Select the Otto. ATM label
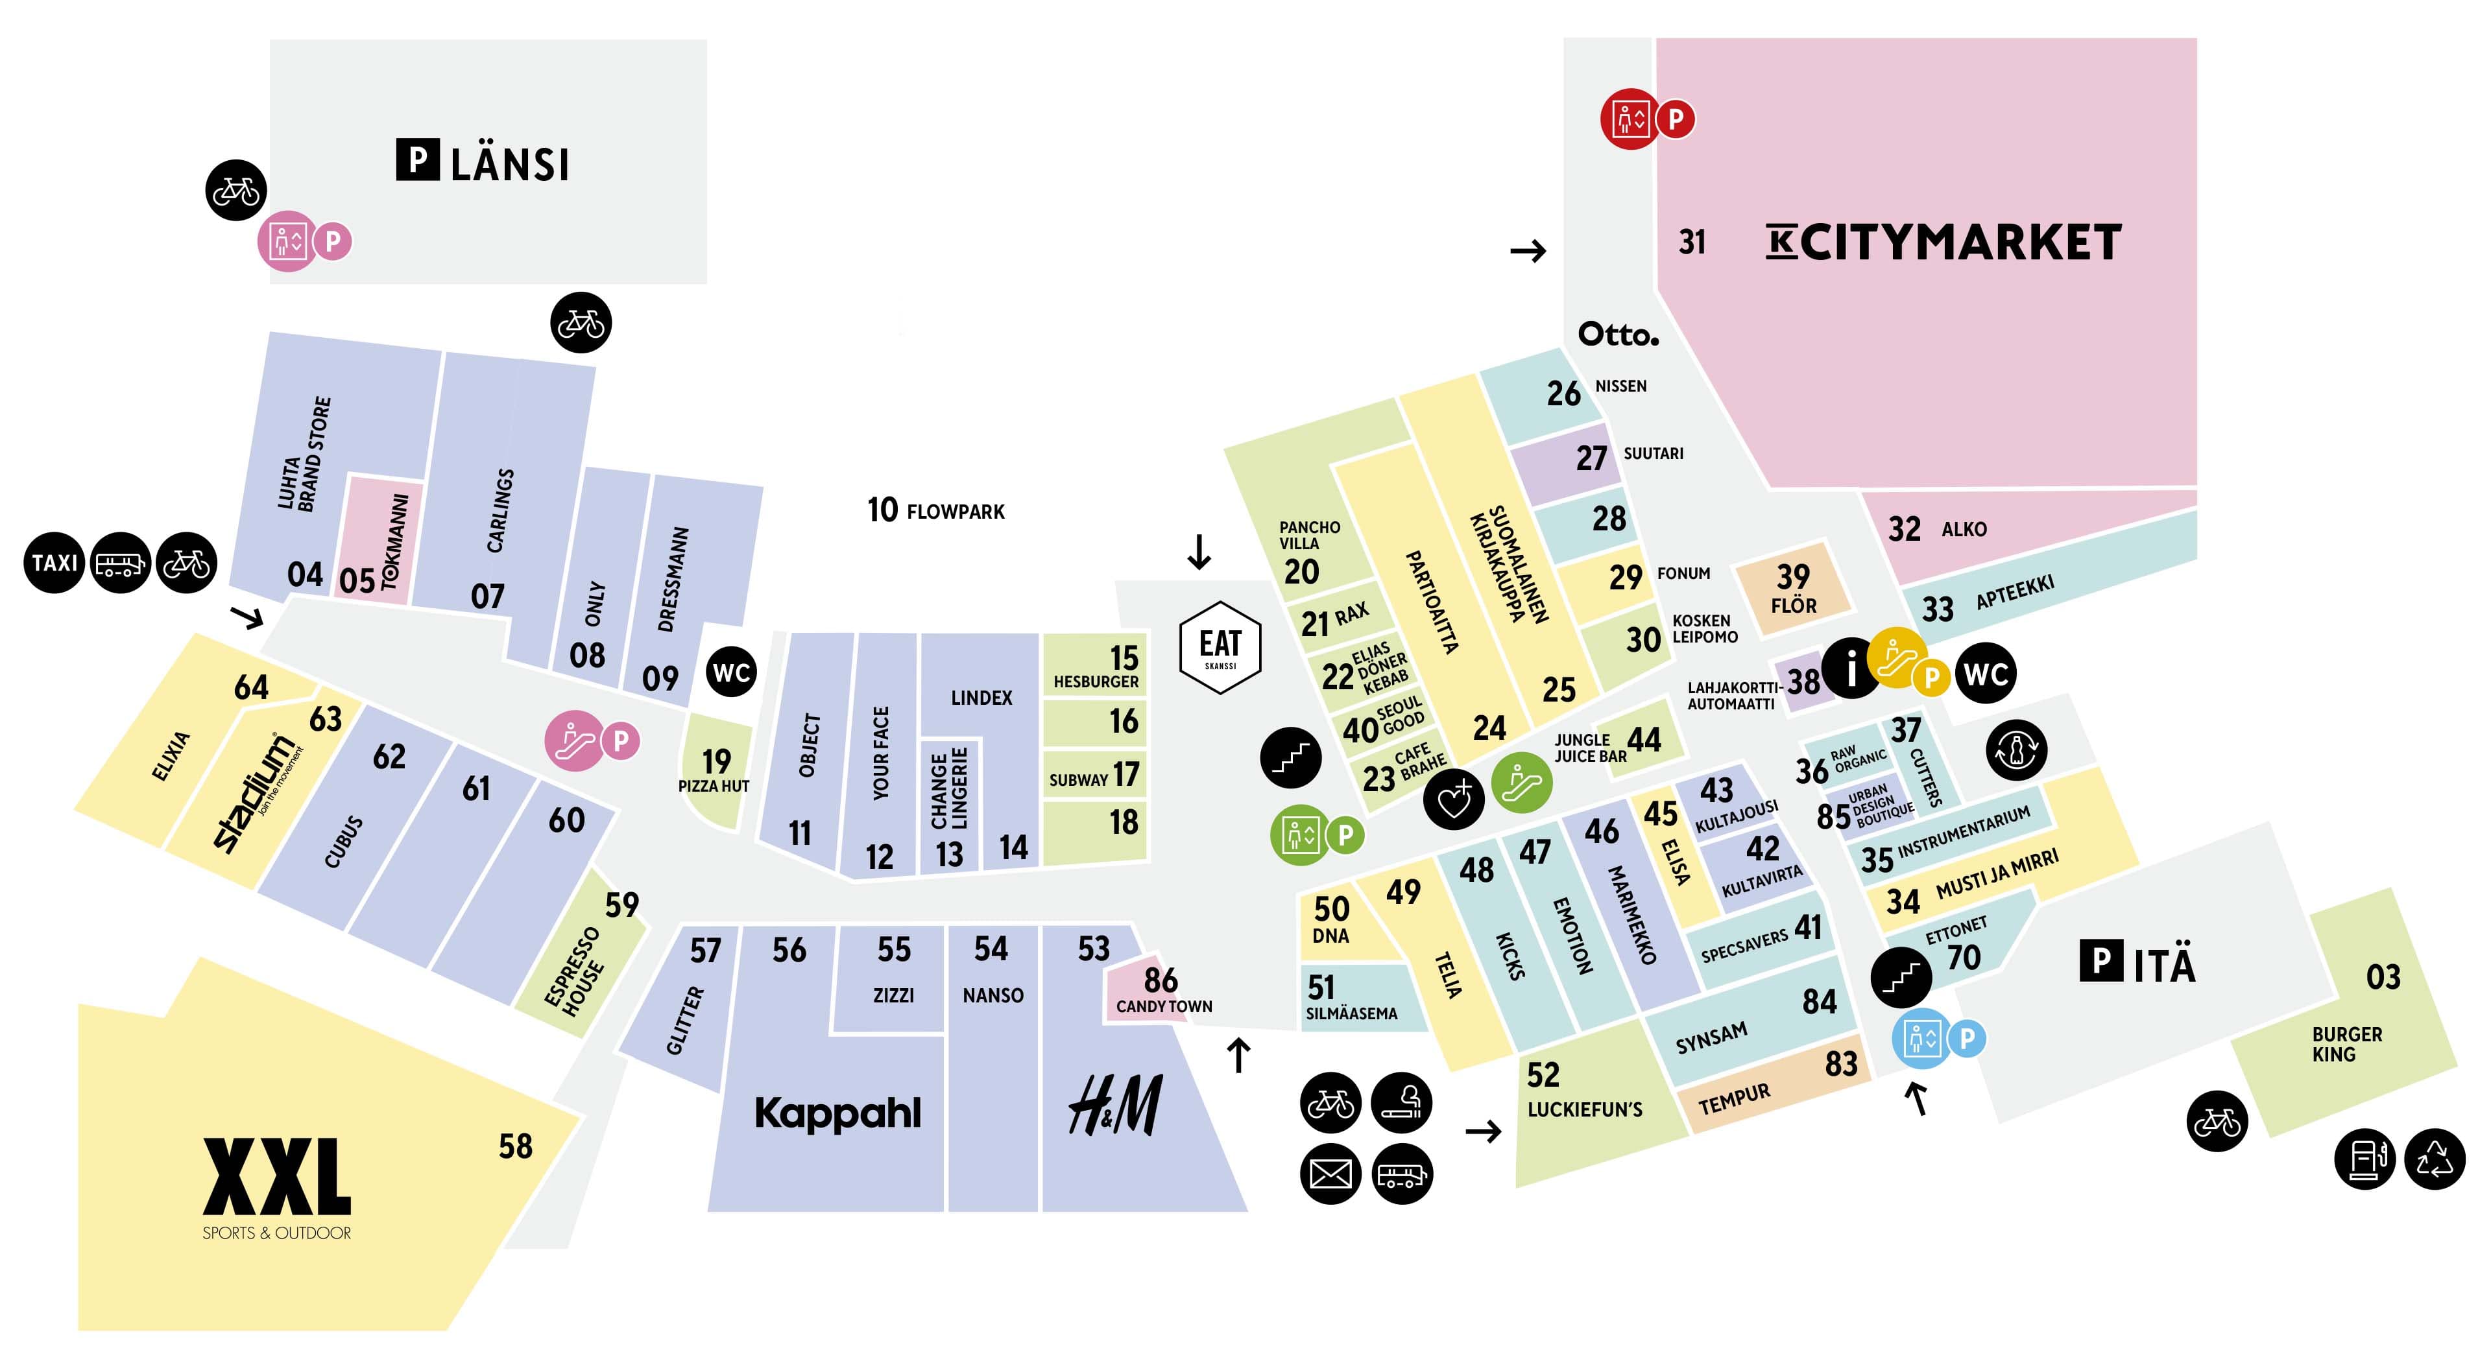point(1618,335)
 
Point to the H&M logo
point(1115,1105)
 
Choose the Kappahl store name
point(837,1113)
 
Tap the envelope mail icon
point(1330,1174)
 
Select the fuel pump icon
point(2365,1158)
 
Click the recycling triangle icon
point(2435,1158)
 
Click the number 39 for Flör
point(1793,576)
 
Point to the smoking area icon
point(1401,1102)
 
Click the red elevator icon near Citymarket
point(1630,119)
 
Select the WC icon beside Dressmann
point(731,672)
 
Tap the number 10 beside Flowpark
point(882,510)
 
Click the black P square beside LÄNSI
point(418,160)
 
